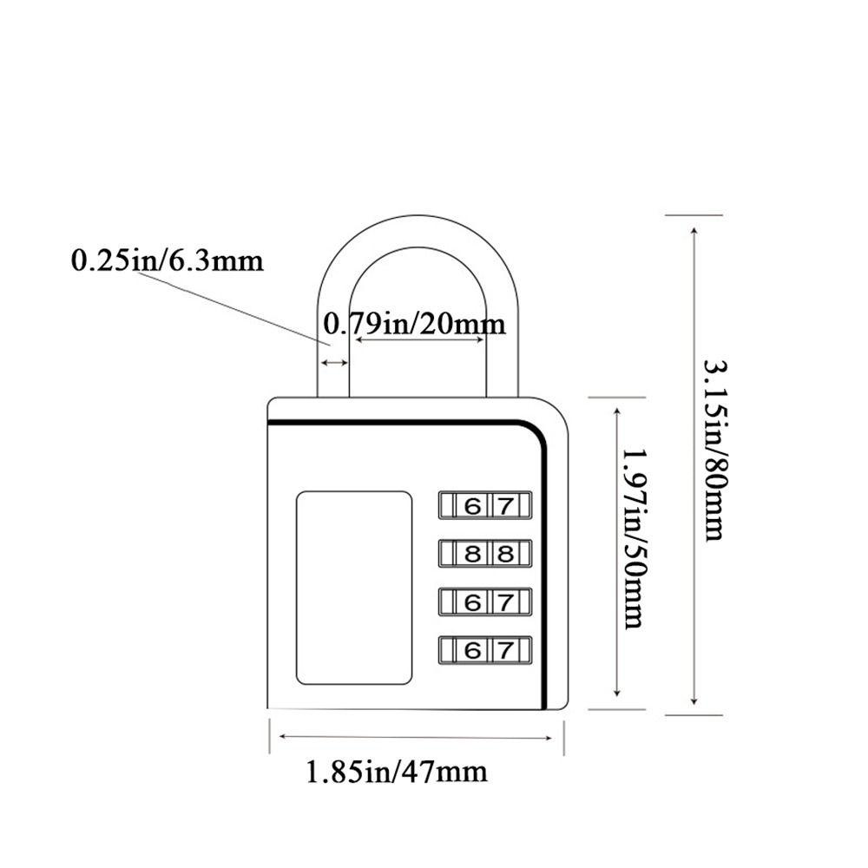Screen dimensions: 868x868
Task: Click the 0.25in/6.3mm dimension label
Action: tap(167, 260)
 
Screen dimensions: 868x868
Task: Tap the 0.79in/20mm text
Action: tap(414, 325)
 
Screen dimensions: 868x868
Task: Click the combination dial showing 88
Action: tap(485, 553)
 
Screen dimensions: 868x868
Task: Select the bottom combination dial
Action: tap(485, 648)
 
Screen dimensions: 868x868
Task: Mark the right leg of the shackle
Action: tap(502, 347)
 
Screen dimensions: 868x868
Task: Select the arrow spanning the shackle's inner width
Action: tap(420, 339)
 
